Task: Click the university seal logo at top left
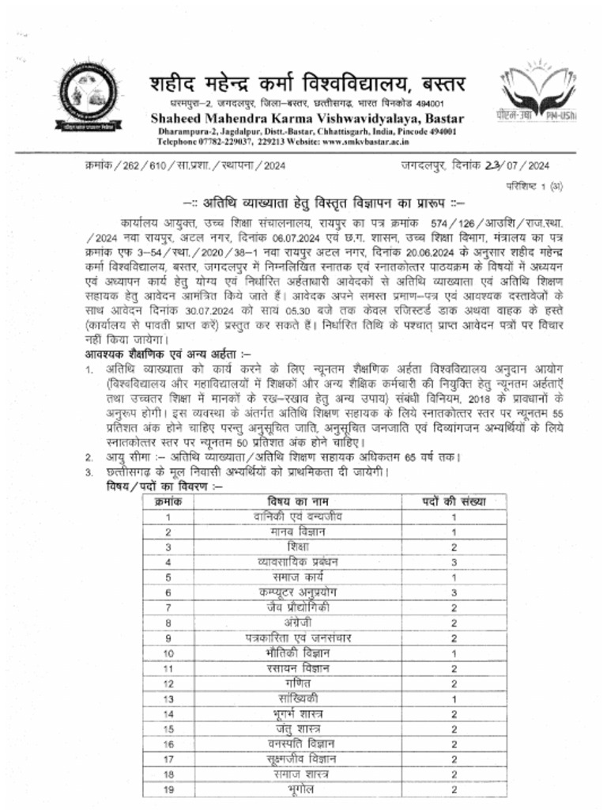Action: (x=82, y=98)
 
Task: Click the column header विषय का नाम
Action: (x=299, y=502)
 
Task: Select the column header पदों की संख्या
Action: (x=454, y=502)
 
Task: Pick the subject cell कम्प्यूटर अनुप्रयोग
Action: (x=299, y=592)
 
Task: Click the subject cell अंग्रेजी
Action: (x=299, y=623)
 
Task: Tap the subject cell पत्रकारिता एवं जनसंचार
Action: (x=299, y=638)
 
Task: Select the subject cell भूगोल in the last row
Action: (x=299, y=789)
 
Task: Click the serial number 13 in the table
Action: (x=168, y=698)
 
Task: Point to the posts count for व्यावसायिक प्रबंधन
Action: (x=454, y=562)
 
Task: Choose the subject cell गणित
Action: (x=299, y=683)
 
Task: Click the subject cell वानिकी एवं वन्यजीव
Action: (x=299, y=517)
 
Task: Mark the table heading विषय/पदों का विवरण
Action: (x=153, y=486)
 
